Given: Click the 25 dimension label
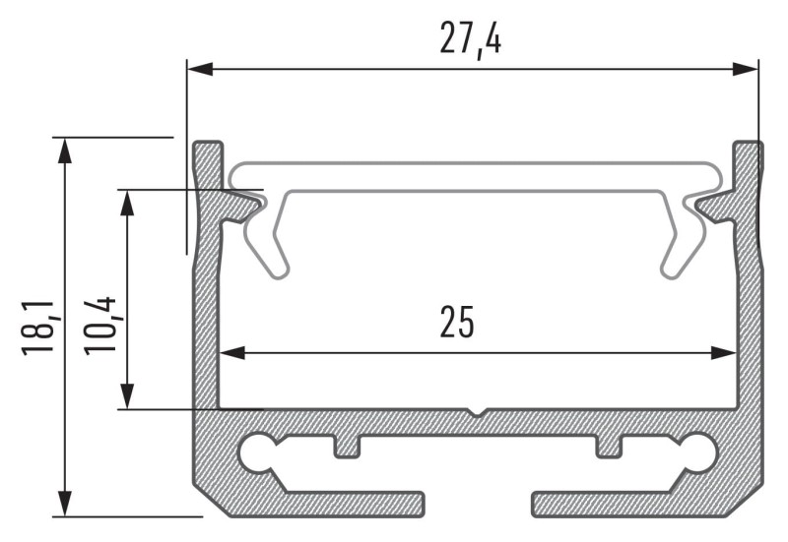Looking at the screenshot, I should click(x=457, y=323).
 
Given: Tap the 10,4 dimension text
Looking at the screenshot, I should click(x=100, y=325).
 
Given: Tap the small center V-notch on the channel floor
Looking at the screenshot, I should click(x=477, y=411).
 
